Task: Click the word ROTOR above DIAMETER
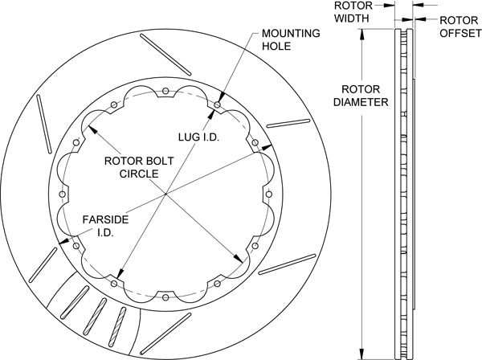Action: tap(358, 90)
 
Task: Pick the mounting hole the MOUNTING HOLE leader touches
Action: tap(220, 102)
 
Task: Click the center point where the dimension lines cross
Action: tap(165, 194)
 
